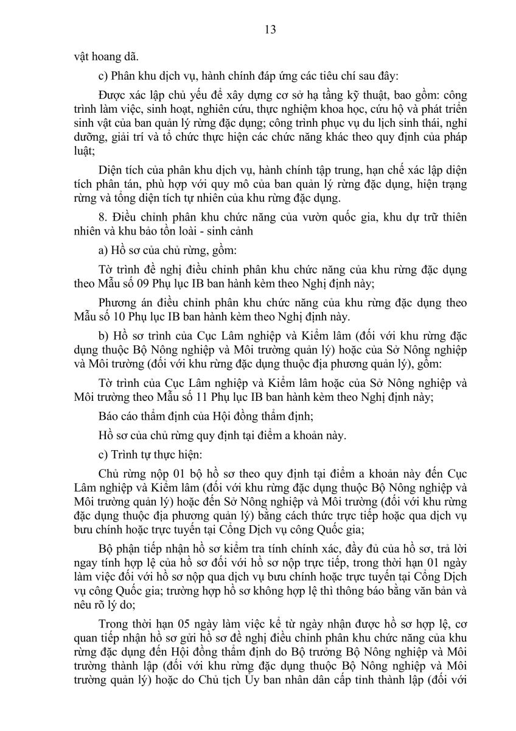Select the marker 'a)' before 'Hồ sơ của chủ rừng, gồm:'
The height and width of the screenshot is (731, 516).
[x=102, y=266]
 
